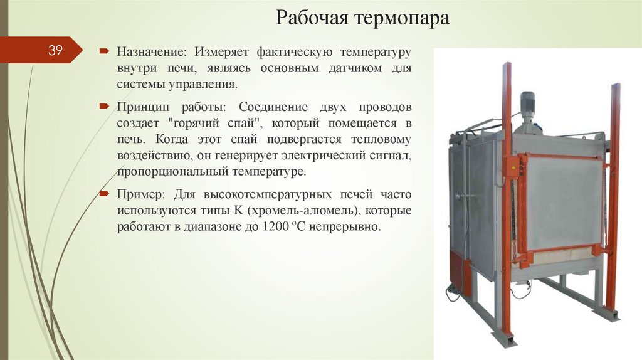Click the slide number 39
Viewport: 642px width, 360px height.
(55, 51)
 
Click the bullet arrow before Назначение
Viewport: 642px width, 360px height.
(104, 50)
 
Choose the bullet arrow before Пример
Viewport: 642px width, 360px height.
(104, 194)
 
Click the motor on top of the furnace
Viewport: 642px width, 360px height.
(528, 104)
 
